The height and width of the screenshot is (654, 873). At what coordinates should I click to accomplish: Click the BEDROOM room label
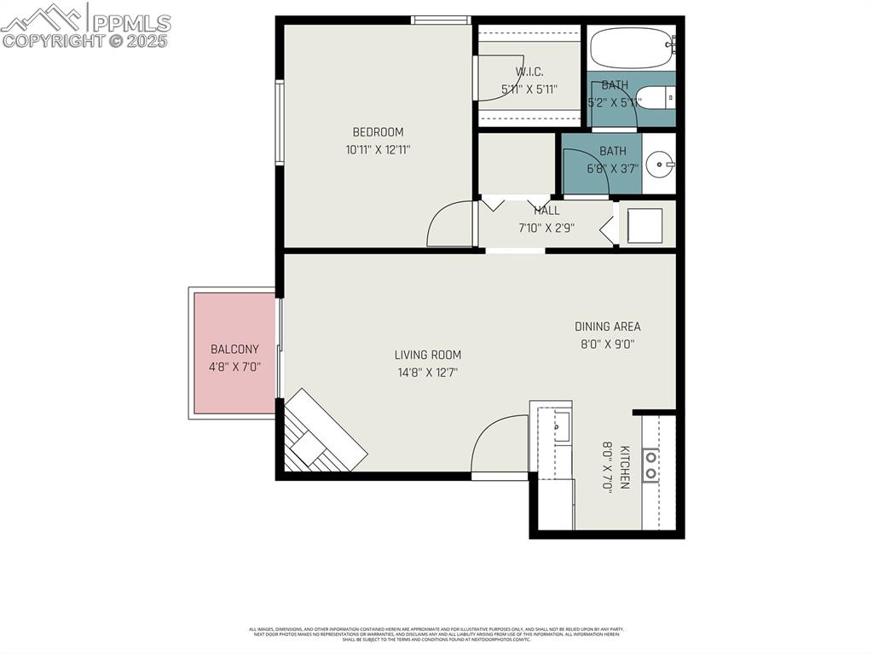(378, 132)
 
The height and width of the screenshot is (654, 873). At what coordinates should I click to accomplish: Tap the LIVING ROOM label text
(427, 355)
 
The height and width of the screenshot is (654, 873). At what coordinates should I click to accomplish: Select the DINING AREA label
(607, 327)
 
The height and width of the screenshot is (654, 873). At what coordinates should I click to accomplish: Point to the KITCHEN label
(625, 467)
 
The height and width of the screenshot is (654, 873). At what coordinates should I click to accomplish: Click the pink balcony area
(234, 353)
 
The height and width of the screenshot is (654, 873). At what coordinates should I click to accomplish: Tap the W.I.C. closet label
(529, 72)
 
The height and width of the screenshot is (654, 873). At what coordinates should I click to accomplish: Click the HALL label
(546, 211)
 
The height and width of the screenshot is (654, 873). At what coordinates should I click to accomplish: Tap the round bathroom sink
(658, 163)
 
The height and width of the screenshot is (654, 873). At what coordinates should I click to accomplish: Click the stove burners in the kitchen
(650, 466)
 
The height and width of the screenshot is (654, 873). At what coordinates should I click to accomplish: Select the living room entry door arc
(499, 443)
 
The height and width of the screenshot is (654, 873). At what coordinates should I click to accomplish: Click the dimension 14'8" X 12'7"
(427, 373)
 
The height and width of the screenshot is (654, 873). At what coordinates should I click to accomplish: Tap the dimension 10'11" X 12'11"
(378, 149)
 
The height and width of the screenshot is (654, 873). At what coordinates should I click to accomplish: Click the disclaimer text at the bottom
(436, 634)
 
